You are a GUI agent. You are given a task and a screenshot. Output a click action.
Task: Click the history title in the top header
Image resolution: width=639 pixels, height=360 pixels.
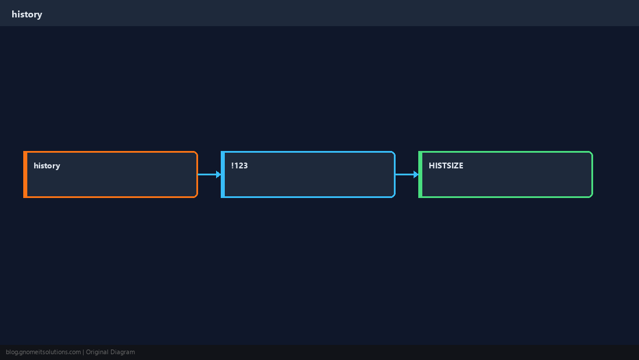tap(27, 15)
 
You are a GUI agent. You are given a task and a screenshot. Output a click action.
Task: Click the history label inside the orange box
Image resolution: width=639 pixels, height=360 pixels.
tap(47, 165)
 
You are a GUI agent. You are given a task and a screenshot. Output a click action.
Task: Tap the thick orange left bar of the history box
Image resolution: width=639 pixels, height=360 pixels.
tap(25, 174)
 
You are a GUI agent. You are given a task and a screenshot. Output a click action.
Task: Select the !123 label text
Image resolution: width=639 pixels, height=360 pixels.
tap(239, 165)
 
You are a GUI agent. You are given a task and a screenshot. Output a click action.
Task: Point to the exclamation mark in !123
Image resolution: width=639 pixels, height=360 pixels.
tap(232, 165)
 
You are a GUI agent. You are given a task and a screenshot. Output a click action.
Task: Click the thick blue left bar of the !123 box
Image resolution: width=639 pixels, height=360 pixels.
tap(223, 174)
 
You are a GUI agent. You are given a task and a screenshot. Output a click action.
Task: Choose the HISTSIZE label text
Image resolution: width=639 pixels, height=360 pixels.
tap(446, 165)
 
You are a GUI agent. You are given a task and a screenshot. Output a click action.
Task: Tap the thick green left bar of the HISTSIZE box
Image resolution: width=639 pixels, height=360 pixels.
tap(421, 174)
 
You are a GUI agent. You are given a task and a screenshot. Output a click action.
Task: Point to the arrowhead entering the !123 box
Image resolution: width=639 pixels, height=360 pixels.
tap(218, 174)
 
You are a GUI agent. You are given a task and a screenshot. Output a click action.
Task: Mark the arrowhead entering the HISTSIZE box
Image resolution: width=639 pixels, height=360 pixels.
tap(416, 174)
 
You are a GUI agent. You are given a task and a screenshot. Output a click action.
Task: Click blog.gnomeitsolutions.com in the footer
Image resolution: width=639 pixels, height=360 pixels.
tap(43, 352)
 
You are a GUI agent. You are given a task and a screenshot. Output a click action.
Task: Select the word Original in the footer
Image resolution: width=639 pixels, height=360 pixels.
tap(97, 352)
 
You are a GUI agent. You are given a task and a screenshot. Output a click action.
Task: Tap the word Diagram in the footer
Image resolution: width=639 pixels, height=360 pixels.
tap(123, 352)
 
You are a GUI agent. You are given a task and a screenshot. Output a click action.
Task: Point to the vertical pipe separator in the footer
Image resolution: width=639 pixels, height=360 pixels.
tap(84, 352)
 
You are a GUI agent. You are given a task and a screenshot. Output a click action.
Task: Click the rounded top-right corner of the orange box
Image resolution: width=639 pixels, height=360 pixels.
tap(196, 153)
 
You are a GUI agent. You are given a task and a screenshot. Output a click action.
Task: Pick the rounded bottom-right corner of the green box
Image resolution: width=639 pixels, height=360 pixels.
tap(591, 196)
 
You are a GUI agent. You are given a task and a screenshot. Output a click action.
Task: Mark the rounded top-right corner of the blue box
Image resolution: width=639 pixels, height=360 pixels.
tap(394, 153)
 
